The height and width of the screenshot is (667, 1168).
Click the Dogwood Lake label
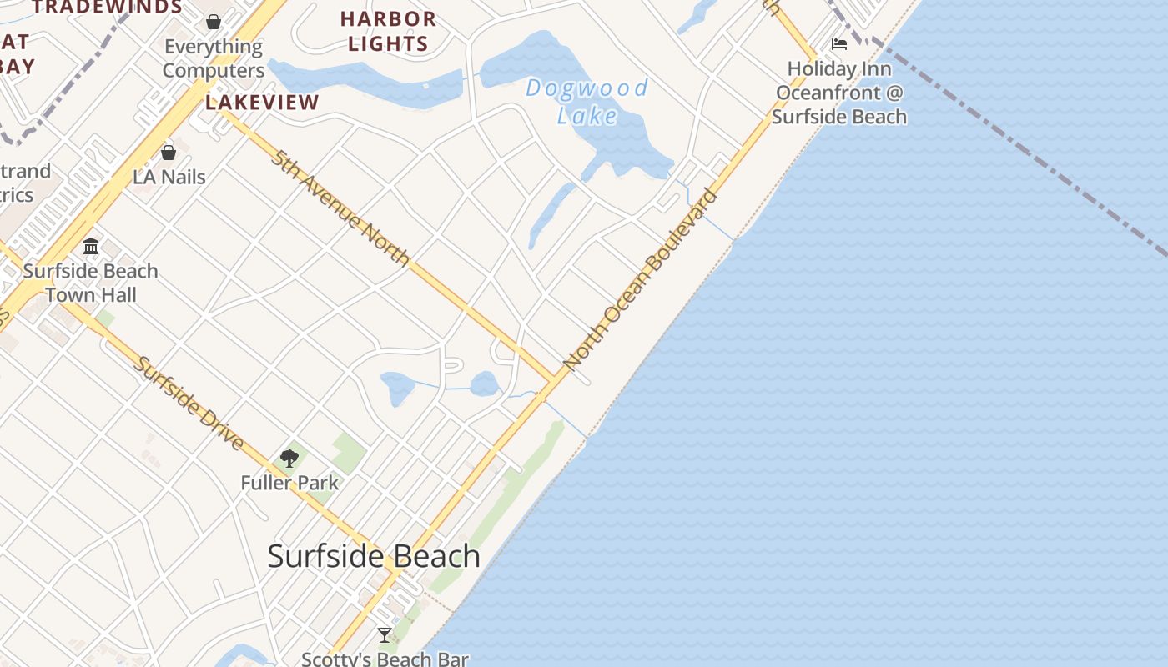pos(587,101)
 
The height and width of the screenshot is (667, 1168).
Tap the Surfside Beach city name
pos(374,556)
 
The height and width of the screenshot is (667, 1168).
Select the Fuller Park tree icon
pos(289,458)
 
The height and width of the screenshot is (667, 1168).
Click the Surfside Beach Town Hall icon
pos(91,246)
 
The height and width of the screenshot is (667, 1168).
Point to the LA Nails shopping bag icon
pos(169,153)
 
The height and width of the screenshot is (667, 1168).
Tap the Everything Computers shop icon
pos(214,22)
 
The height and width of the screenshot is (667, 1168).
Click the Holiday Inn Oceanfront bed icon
pos(839,44)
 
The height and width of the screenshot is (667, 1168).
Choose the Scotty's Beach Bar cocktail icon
pos(385,635)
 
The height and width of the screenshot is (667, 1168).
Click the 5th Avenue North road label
pos(340,208)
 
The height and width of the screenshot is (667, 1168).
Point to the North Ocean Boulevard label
pos(640,280)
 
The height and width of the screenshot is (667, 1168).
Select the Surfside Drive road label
pos(190,403)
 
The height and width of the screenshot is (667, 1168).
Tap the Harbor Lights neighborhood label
pos(388,31)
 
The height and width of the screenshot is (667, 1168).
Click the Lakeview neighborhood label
pos(262,103)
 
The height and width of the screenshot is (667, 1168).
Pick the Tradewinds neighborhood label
pos(108,8)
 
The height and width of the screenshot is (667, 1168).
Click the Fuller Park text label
pos(289,483)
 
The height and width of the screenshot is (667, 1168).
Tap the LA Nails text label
pos(169,177)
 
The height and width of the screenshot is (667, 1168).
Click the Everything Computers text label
pos(214,58)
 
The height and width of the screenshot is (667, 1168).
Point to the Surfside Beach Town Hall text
pos(91,283)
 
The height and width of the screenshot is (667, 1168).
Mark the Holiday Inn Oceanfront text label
pos(839,93)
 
